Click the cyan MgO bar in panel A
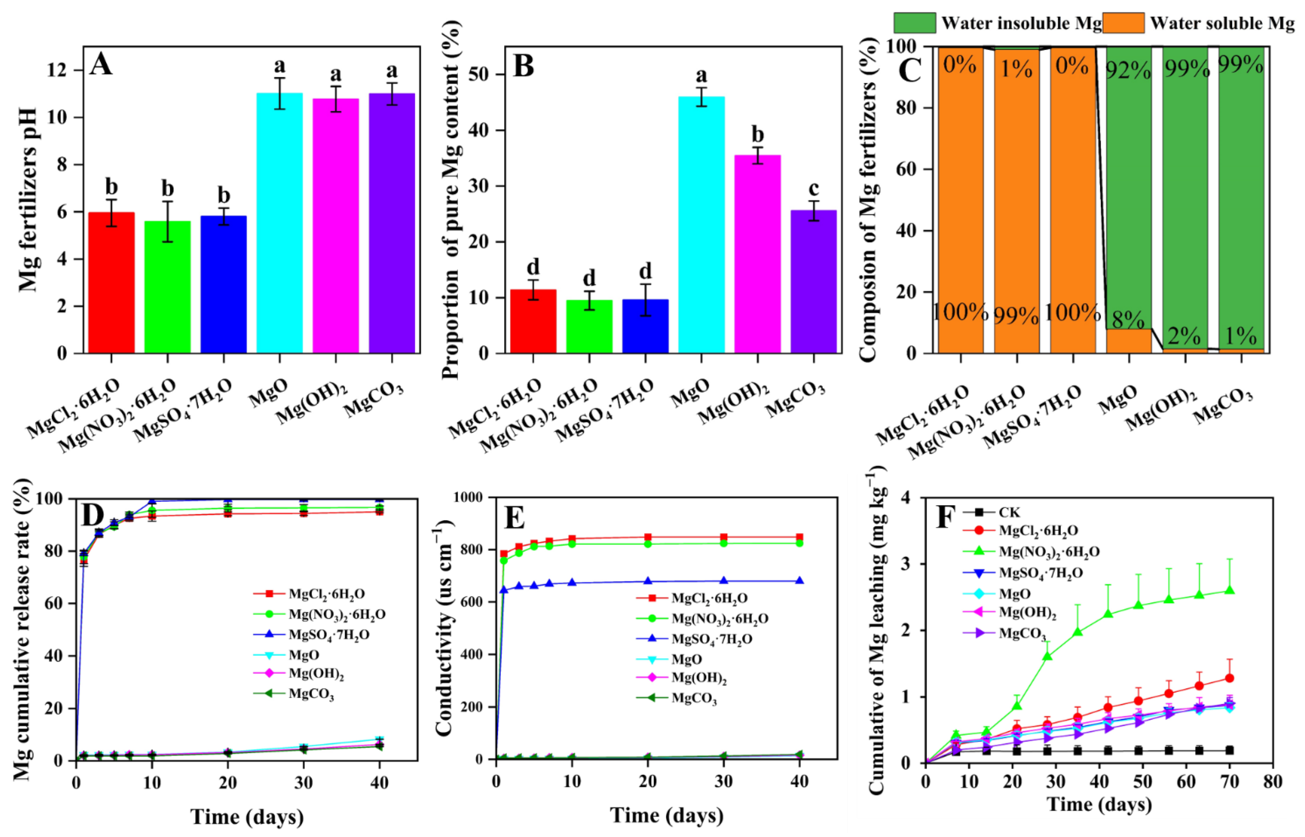coord(279,223)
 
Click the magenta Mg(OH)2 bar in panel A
coord(335,226)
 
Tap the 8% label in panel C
coord(1128,321)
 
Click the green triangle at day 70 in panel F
coord(1229,590)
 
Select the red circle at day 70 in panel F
coord(1229,678)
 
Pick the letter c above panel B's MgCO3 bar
coord(813,188)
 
